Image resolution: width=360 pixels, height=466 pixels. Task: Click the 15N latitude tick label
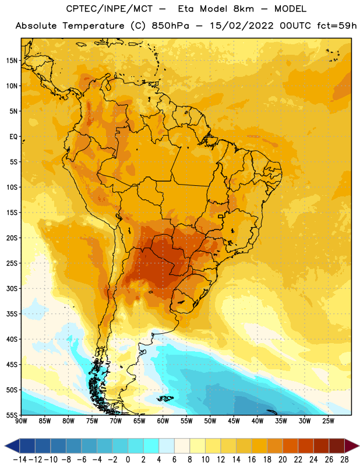[x=12, y=61]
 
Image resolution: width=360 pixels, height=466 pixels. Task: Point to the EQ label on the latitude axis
[x=13, y=137]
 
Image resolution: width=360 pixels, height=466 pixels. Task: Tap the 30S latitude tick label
[x=12, y=288]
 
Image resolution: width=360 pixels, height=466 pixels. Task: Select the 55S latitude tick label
[x=12, y=415]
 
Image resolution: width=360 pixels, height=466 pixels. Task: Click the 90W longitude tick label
[x=22, y=421]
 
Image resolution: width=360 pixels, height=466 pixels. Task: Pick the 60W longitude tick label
[x=163, y=421]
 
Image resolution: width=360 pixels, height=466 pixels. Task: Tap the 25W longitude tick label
[x=328, y=421]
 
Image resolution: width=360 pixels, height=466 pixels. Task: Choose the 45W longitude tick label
[x=234, y=421]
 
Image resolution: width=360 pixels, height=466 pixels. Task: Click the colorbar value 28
[x=344, y=460]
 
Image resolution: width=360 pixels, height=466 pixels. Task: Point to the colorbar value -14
[x=20, y=460]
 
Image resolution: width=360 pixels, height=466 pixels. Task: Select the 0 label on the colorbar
[x=128, y=460]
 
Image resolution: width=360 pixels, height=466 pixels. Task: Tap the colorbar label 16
[x=252, y=460]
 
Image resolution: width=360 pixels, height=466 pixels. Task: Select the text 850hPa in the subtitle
[x=170, y=26]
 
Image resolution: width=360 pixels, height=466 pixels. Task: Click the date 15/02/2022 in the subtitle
[x=242, y=26]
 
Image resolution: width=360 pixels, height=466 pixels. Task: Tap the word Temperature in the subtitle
[x=93, y=26]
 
